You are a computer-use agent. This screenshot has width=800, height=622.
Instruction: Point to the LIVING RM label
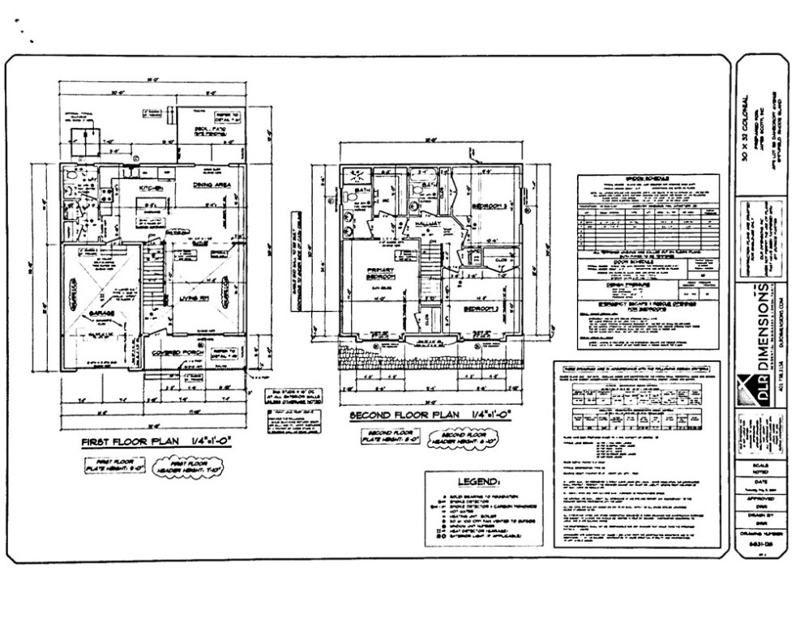coord(191,299)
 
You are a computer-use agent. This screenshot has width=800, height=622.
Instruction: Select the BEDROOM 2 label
coord(482,309)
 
